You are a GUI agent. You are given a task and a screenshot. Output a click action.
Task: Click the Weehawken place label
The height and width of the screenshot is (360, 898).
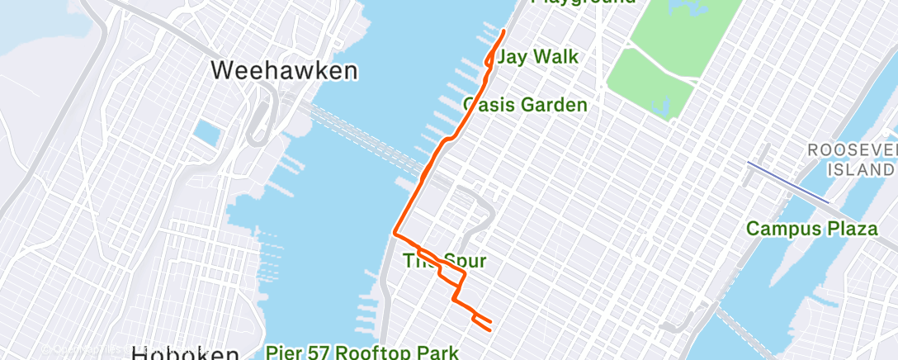coord(284,70)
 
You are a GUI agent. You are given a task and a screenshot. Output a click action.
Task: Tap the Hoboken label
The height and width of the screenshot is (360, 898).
coord(185,353)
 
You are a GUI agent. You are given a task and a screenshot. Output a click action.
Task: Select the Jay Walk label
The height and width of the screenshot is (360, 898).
coord(537,57)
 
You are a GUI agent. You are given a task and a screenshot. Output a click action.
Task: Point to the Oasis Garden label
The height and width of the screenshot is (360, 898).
coord(526,105)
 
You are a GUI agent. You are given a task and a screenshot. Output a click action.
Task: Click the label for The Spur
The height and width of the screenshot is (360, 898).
coord(443,262)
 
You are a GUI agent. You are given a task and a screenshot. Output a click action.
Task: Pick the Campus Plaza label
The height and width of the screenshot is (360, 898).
coord(812,229)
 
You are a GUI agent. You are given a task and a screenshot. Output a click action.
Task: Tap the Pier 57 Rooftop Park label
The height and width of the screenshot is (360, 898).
coord(362,353)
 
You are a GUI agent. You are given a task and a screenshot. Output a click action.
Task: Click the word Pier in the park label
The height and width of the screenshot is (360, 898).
coord(284,353)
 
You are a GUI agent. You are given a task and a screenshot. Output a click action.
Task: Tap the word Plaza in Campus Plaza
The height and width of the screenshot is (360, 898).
coord(850,229)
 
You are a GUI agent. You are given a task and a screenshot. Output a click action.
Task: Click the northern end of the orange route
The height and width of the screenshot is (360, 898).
coord(503,31)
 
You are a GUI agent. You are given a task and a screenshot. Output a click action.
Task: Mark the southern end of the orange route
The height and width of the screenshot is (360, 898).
coord(490,329)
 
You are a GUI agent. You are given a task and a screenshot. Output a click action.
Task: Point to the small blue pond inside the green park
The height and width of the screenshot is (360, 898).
coord(660,106)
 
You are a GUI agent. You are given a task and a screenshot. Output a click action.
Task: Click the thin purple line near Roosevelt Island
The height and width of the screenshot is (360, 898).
coord(788,182)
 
